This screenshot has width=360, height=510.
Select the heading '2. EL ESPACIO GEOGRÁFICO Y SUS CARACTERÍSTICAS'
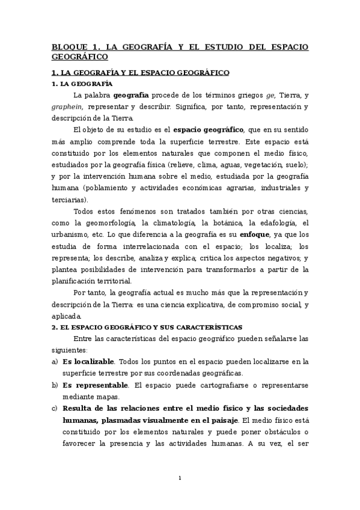[x=147, y=327]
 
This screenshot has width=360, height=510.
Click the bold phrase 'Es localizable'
[x=88, y=361]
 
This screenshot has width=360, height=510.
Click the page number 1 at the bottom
[x=180, y=478]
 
